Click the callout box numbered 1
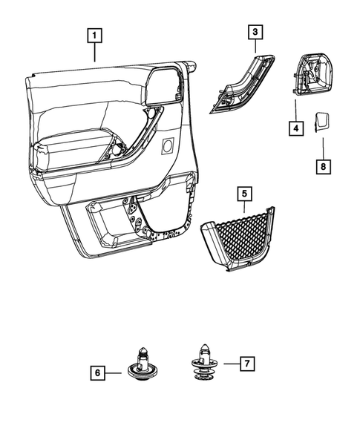95,34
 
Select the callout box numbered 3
255,32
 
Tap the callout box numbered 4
295,128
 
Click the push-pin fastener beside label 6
144,366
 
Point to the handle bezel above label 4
311,76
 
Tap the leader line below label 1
95,52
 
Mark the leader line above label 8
323,147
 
